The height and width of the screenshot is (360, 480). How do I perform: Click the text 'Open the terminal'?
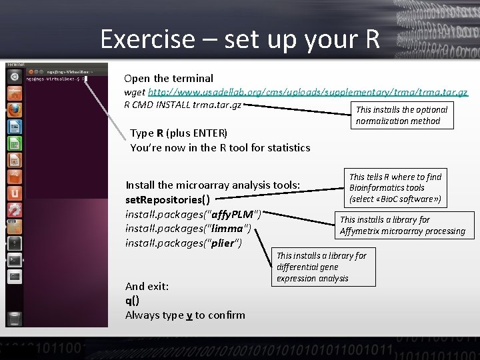(x=169, y=79)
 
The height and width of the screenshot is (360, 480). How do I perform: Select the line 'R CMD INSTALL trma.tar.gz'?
(x=182, y=105)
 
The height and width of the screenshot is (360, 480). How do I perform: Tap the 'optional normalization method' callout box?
(x=403, y=115)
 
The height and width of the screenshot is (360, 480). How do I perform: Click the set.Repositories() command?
(x=167, y=199)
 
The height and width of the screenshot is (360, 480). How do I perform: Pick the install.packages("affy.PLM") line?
(x=193, y=214)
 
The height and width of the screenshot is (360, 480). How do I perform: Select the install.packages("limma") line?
(x=188, y=229)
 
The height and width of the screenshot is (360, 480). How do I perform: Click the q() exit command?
(x=132, y=301)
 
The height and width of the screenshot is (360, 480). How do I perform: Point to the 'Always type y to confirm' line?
(x=185, y=315)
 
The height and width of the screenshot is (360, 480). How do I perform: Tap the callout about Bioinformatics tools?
(x=395, y=188)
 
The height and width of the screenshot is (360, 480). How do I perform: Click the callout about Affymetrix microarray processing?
(x=403, y=225)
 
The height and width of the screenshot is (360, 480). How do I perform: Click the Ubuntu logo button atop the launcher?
(x=15, y=77)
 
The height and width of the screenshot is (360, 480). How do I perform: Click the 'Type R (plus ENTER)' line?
(x=179, y=133)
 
